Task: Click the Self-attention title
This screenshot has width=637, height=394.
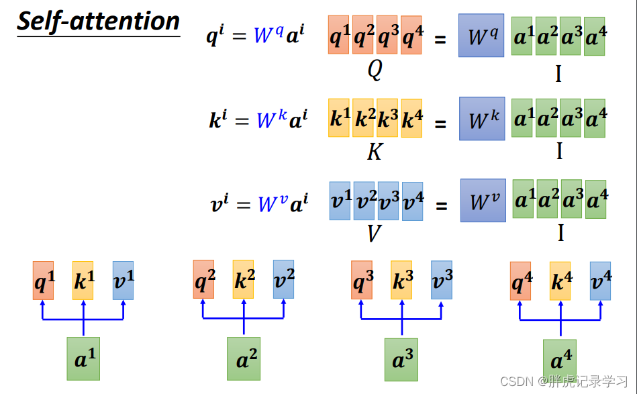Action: (98, 21)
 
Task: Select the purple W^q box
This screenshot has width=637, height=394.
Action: (481, 36)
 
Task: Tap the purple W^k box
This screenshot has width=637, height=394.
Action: (482, 119)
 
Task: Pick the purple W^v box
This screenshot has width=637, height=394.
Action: (483, 200)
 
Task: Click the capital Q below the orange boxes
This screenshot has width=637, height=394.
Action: (375, 70)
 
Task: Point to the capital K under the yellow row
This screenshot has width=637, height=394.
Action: (375, 152)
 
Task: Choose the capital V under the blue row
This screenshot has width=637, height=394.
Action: (374, 233)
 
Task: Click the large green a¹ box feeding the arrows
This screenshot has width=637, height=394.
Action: (83, 358)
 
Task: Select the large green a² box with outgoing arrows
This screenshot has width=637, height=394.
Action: (244, 358)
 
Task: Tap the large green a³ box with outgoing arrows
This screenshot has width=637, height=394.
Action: (401, 360)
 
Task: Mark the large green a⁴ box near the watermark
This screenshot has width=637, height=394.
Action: (560, 360)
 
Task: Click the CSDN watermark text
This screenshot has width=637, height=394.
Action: (564, 381)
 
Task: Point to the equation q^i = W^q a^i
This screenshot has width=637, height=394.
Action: (256, 34)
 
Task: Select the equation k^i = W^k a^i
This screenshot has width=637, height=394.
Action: (258, 119)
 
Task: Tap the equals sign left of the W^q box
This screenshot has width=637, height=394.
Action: (440, 40)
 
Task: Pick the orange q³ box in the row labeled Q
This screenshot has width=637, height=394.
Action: (387, 35)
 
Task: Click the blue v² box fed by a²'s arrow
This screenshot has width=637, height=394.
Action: (283, 279)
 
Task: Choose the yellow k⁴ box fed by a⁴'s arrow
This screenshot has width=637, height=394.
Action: (560, 281)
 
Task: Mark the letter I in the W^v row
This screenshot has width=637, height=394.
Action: (561, 233)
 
